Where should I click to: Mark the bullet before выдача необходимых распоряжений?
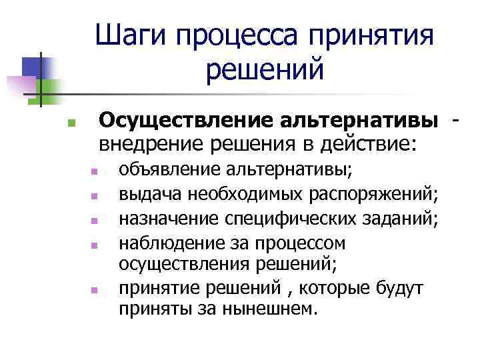coord(95,197)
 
